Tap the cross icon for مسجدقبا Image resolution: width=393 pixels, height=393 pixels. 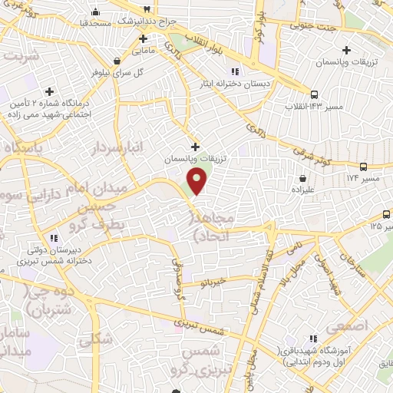[94, 12]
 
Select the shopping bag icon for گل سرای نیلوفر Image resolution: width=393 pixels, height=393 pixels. [116, 60]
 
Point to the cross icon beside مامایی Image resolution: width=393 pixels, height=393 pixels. [144, 38]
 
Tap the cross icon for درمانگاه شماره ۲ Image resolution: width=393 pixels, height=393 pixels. [51, 91]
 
